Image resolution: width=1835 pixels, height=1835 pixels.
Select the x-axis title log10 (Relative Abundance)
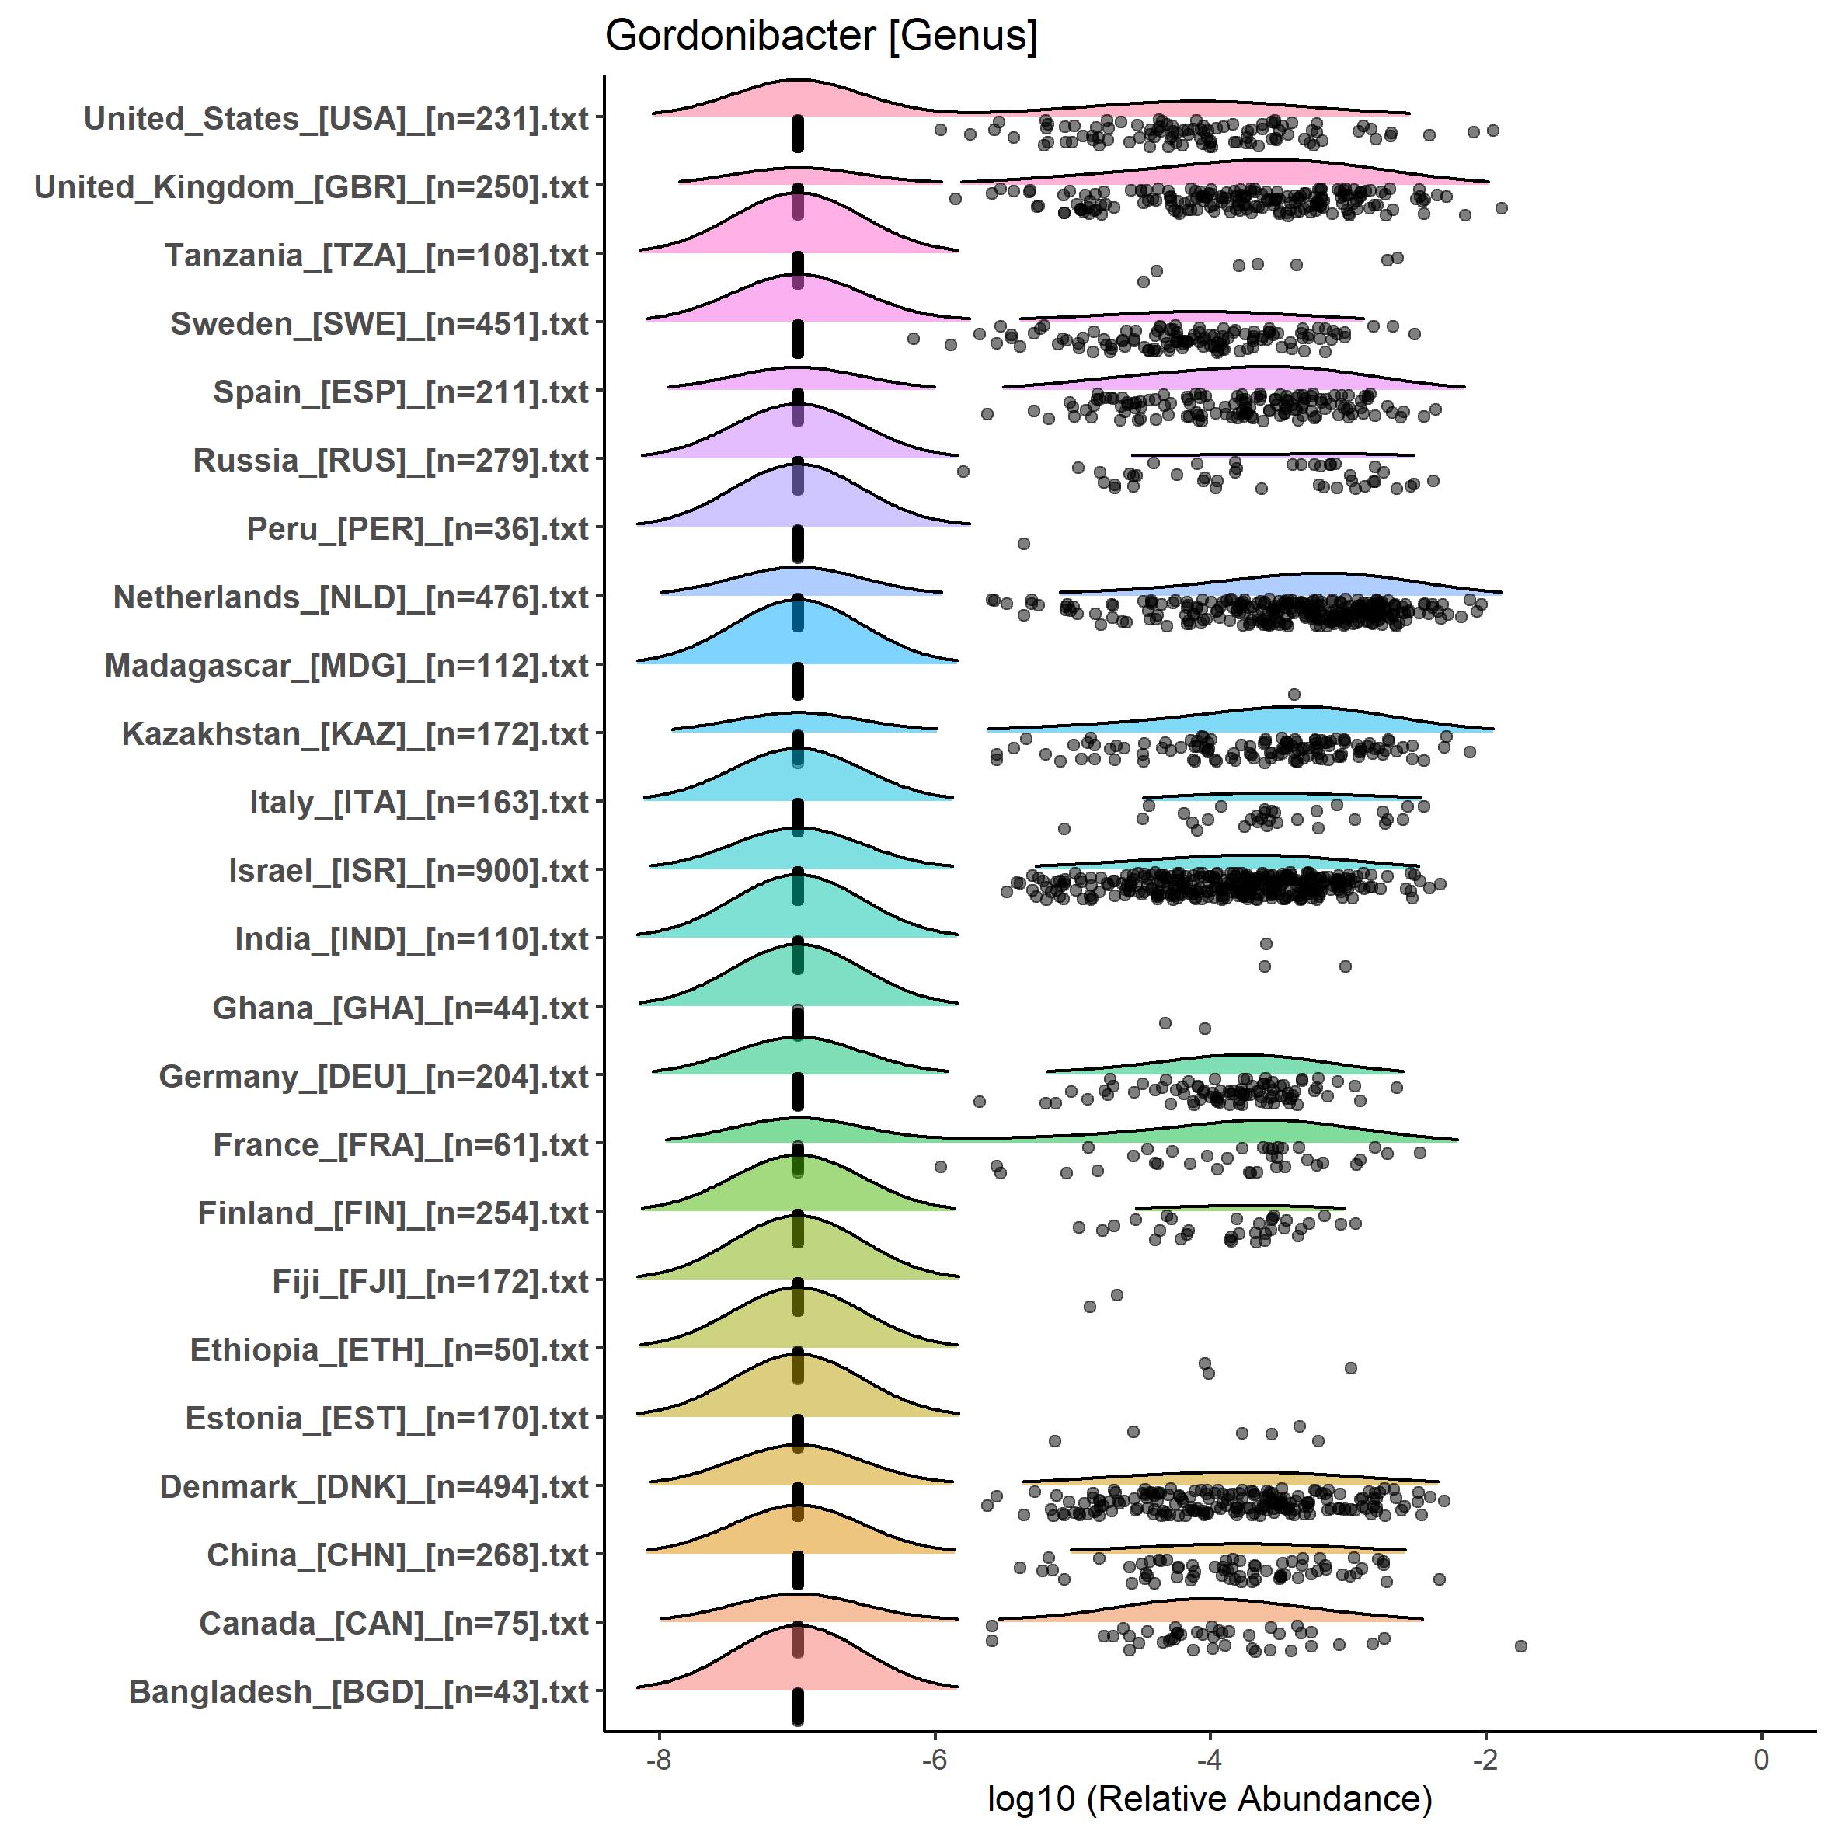pos(1209,1798)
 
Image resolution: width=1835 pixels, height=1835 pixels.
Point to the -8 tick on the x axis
pos(659,1759)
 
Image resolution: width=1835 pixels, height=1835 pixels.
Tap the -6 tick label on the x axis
pos(935,1759)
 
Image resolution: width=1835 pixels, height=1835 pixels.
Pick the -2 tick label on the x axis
pos(1485,1759)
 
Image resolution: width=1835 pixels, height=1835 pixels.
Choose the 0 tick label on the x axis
pos(1761,1759)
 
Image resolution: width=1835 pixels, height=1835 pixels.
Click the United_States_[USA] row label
pos(336,119)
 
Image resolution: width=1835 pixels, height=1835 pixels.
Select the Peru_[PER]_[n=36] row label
pos(418,529)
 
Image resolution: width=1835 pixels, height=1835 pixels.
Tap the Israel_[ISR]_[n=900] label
pos(409,871)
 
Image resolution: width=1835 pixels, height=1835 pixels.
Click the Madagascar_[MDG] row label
pos(346,666)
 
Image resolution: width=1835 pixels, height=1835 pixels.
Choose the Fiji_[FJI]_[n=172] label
pos(430,1281)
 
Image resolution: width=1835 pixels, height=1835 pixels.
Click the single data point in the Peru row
pos(1024,543)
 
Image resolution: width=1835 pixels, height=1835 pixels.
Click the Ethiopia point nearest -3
pos(1350,1367)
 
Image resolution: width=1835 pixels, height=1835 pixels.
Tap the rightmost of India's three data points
pos(1345,966)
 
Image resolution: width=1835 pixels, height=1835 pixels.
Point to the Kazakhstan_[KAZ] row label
pos(355,734)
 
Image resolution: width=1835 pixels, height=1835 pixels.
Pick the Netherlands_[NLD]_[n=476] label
pos(351,597)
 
